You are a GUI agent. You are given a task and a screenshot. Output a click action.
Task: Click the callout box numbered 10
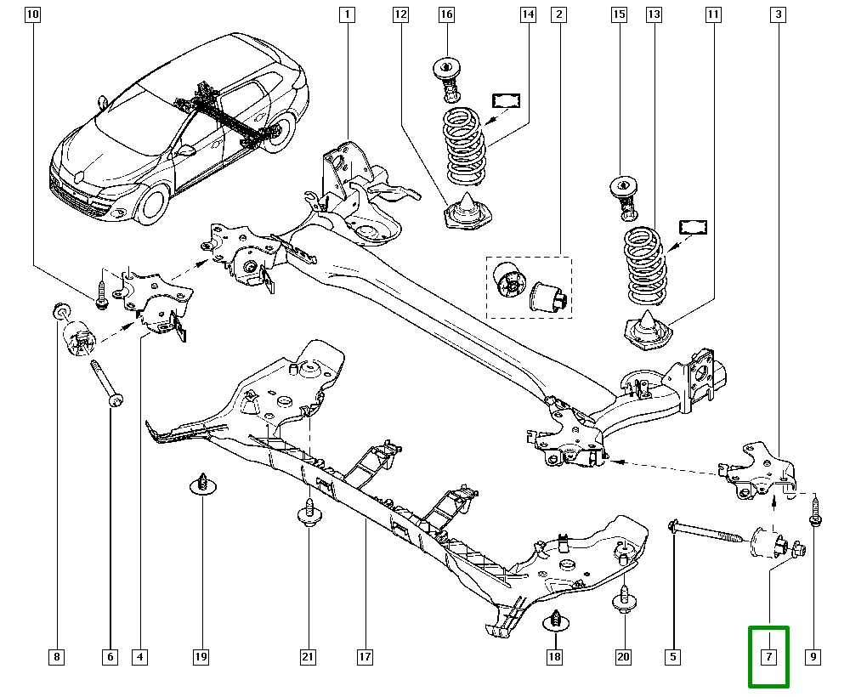[x=32, y=14]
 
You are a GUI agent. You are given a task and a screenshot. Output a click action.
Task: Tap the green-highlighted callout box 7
[x=768, y=657]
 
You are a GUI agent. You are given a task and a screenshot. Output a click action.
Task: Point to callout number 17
[x=365, y=657]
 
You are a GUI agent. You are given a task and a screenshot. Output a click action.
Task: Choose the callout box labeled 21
[x=307, y=657]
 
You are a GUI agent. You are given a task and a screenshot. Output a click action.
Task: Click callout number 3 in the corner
[x=778, y=14]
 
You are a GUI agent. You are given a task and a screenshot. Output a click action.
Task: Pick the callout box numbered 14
[x=528, y=14]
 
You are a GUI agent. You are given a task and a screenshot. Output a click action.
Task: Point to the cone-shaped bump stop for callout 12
[x=467, y=212]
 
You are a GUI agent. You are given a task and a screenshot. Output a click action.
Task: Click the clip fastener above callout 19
[x=203, y=481]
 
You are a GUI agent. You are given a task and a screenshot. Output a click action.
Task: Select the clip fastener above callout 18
[x=554, y=622]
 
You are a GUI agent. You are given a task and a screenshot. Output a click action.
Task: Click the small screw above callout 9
[x=813, y=513]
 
